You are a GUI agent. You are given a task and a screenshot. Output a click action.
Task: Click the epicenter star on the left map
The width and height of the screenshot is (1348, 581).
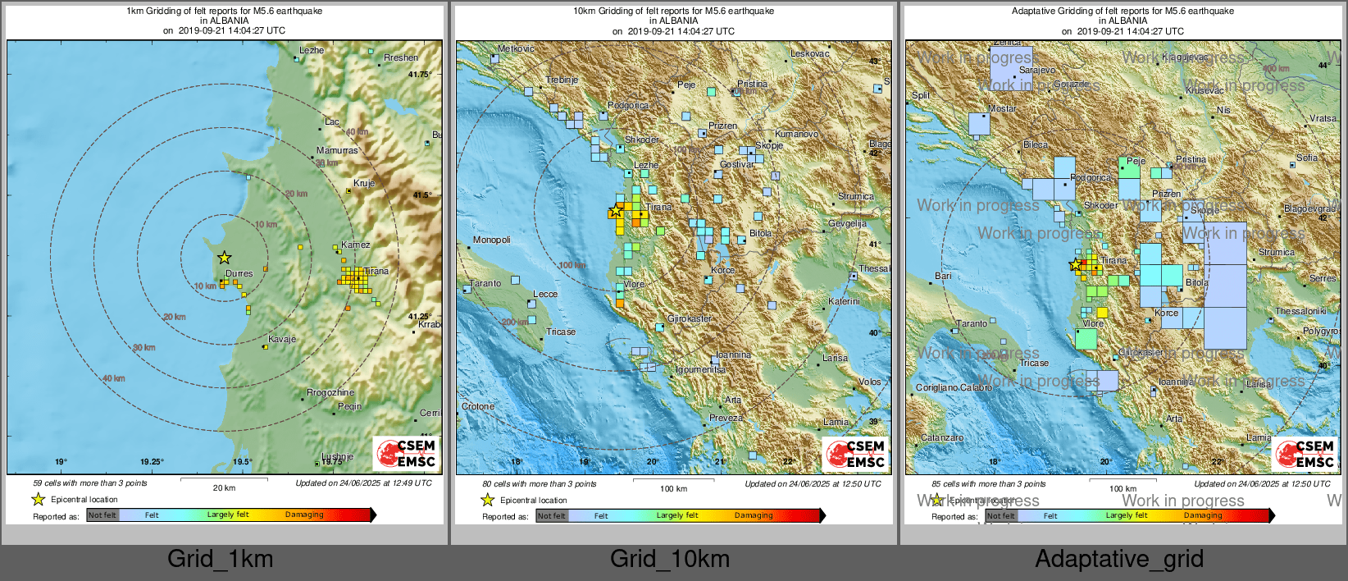point(224,258)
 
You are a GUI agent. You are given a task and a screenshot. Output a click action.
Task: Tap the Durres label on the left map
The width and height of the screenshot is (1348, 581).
point(239,273)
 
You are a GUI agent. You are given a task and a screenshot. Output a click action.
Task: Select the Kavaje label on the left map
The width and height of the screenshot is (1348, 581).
point(281,339)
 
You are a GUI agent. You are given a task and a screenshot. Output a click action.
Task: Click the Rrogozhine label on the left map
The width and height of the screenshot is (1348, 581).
point(330,392)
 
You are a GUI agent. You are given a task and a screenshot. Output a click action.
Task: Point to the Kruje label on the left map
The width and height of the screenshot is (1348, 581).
point(363,183)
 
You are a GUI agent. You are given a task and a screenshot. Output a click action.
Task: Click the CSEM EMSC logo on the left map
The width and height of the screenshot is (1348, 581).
point(407,453)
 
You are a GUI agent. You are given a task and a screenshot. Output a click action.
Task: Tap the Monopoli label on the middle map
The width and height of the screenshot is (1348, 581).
point(491,240)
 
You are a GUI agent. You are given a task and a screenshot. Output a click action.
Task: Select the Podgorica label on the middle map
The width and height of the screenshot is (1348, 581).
point(628,105)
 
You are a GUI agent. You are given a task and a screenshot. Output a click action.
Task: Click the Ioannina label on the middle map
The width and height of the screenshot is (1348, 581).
point(733,355)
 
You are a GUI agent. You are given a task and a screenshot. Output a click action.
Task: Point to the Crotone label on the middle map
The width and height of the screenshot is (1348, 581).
point(478,406)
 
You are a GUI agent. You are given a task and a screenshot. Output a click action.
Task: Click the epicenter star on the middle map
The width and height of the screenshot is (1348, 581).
point(615,212)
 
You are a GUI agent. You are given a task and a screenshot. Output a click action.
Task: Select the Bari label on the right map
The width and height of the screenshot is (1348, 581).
point(943,276)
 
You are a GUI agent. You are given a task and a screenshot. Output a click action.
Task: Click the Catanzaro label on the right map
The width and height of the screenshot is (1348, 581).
point(941,437)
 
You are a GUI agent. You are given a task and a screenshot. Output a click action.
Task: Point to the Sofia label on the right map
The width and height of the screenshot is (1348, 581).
point(1307,158)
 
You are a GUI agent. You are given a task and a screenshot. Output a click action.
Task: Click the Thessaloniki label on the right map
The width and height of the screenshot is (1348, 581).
point(1300,311)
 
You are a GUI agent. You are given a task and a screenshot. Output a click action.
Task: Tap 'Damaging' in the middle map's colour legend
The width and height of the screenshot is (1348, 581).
point(753,515)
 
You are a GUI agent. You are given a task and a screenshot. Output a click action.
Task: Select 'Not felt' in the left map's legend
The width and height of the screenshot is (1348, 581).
point(102,515)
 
